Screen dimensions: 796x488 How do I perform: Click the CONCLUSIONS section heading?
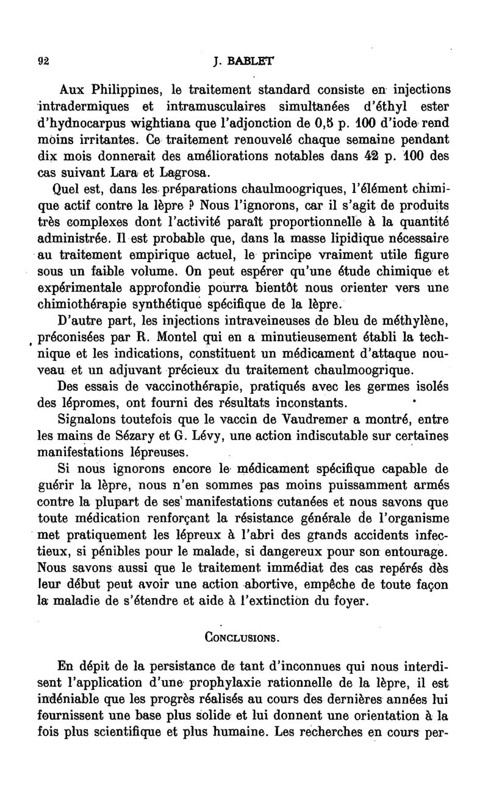point(243,639)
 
